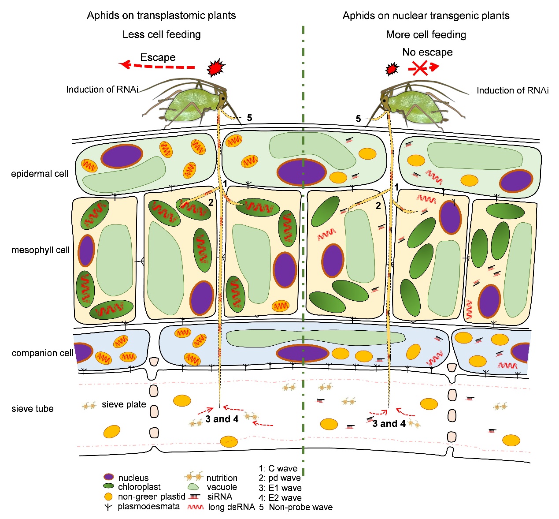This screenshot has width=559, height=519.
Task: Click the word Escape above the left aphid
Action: pyautogui.click(x=158, y=57)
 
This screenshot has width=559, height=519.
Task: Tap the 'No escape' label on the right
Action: pyautogui.click(x=427, y=52)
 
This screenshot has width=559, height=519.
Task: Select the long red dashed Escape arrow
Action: pyautogui.click(x=156, y=66)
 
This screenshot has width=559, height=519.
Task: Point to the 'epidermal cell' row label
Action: pyautogui.click(x=40, y=174)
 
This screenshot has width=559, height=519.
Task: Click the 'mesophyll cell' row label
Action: pyautogui.click(x=40, y=250)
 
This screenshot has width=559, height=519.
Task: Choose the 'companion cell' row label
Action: pyautogui.click(x=42, y=353)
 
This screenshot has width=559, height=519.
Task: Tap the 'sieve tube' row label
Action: pyautogui.click(x=32, y=409)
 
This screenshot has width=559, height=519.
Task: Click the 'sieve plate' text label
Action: pyautogui.click(x=124, y=404)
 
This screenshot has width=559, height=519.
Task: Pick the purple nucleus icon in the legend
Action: pyautogui.click(x=109, y=477)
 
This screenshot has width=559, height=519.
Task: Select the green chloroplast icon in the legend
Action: pyautogui.click(x=109, y=486)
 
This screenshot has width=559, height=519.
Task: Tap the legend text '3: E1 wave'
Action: pyautogui.click(x=280, y=488)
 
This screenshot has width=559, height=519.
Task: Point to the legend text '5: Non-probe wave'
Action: pyautogui.click(x=296, y=507)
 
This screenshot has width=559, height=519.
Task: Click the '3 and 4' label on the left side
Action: pyautogui.click(x=222, y=419)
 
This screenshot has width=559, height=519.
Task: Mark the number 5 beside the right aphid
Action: pyautogui.click(x=358, y=119)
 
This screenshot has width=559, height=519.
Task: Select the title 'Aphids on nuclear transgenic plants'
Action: pyautogui.click(x=426, y=15)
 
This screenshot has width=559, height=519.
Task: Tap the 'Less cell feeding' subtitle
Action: pyautogui.click(x=162, y=34)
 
